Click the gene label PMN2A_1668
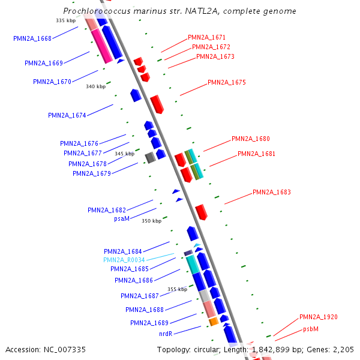[32, 38]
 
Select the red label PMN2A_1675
[227, 82]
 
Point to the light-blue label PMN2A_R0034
[124, 260]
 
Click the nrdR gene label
[166, 333]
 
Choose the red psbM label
[310, 329]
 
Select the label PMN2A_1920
[319, 317]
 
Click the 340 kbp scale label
[95, 86]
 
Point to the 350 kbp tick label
[151, 221]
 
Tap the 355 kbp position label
[177, 289]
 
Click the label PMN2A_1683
[272, 193]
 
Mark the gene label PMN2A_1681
[257, 154]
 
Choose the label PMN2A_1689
[149, 323]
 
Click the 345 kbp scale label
[124, 154]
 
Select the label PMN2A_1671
[206, 37]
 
